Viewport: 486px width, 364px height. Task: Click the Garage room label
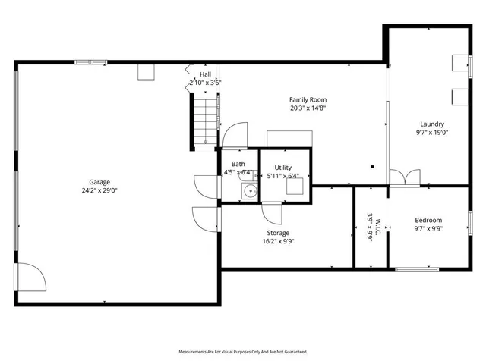click(99, 182)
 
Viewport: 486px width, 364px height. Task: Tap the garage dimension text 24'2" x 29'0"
click(99, 191)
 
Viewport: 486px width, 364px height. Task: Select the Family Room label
click(308, 99)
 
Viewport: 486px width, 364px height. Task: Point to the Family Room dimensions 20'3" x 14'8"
click(308, 108)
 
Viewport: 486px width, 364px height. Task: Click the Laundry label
click(432, 124)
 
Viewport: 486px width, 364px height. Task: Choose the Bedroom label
click(428, 219)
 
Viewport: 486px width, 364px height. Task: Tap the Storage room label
click(278, 233)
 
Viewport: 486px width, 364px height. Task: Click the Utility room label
click(283, 168)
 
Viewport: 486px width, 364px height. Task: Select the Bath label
click(238, 164)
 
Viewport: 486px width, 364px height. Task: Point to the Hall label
click(205, 74)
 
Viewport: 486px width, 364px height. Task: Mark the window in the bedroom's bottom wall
click(417, 268)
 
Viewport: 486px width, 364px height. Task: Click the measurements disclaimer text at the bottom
click(243, 352)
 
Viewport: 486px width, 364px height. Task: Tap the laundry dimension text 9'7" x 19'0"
click(432, 133)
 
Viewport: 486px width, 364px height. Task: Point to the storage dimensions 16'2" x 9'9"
click(278, 242)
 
